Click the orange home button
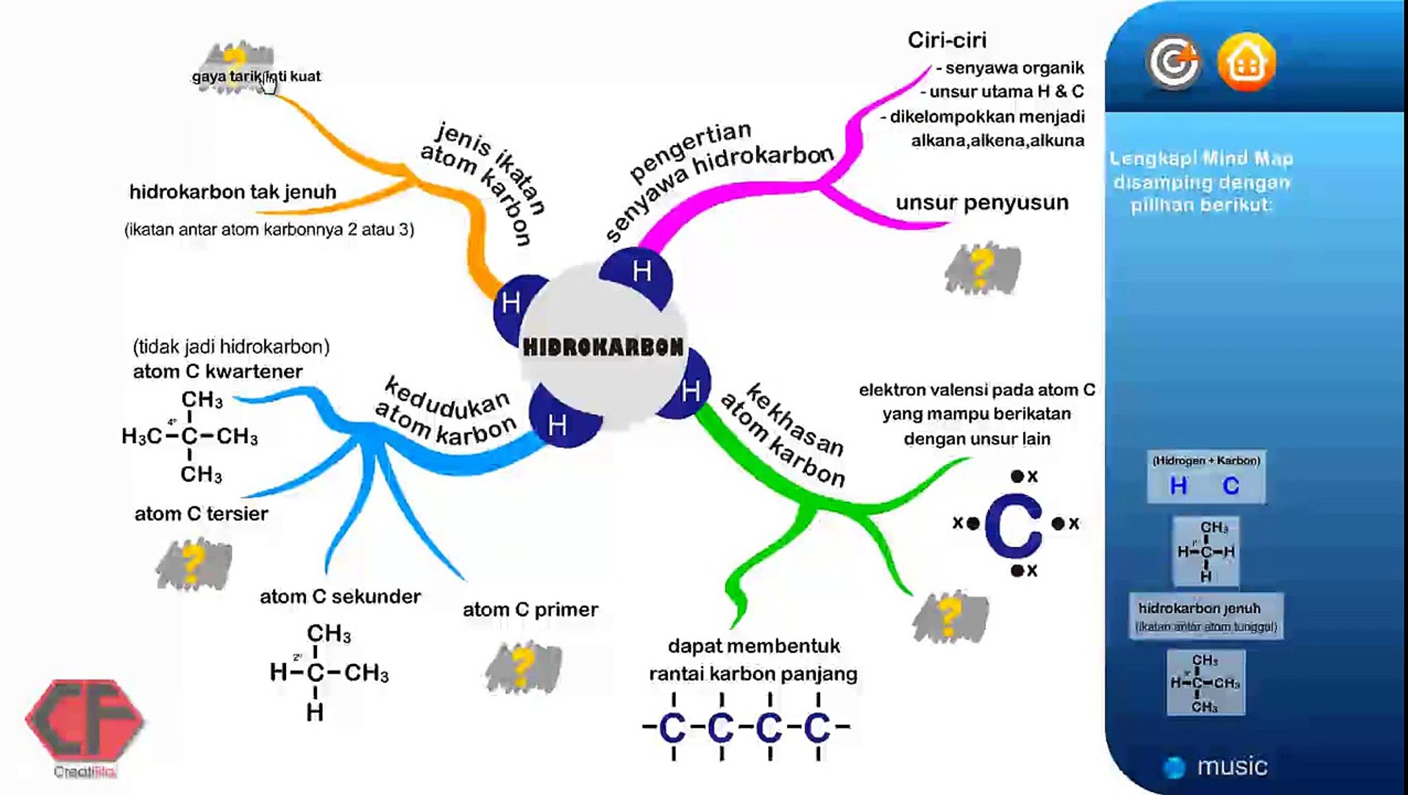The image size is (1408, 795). click(x=1246, y=63)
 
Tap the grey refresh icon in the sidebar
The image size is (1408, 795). click(x=1173, y=63)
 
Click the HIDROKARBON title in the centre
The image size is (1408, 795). click(x=603, y=347)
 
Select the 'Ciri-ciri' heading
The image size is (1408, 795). click(x=947, y=40)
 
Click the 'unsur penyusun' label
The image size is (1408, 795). click(x=982, y=202)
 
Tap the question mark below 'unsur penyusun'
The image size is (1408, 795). click(x=982, y=268)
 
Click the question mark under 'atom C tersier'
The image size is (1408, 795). click(x=193, y=564)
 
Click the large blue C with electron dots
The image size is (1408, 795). click(x=1014, y=524)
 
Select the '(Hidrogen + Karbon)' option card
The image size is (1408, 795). click(x=1206, y=477)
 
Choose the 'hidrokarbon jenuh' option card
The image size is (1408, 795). click(x=1206, y=616)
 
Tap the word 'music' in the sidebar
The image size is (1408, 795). click(x=1232, y=766)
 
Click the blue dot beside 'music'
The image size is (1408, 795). click(x=1174, y=767)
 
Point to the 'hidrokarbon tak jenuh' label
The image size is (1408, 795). click(x=232, y=192)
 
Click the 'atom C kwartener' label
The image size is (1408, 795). click(x=218, y=372)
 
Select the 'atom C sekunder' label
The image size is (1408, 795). click(x=340, y=596)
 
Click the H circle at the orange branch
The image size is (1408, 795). click(x=511, y=303)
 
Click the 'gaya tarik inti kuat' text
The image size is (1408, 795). click(x=256, y=76)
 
